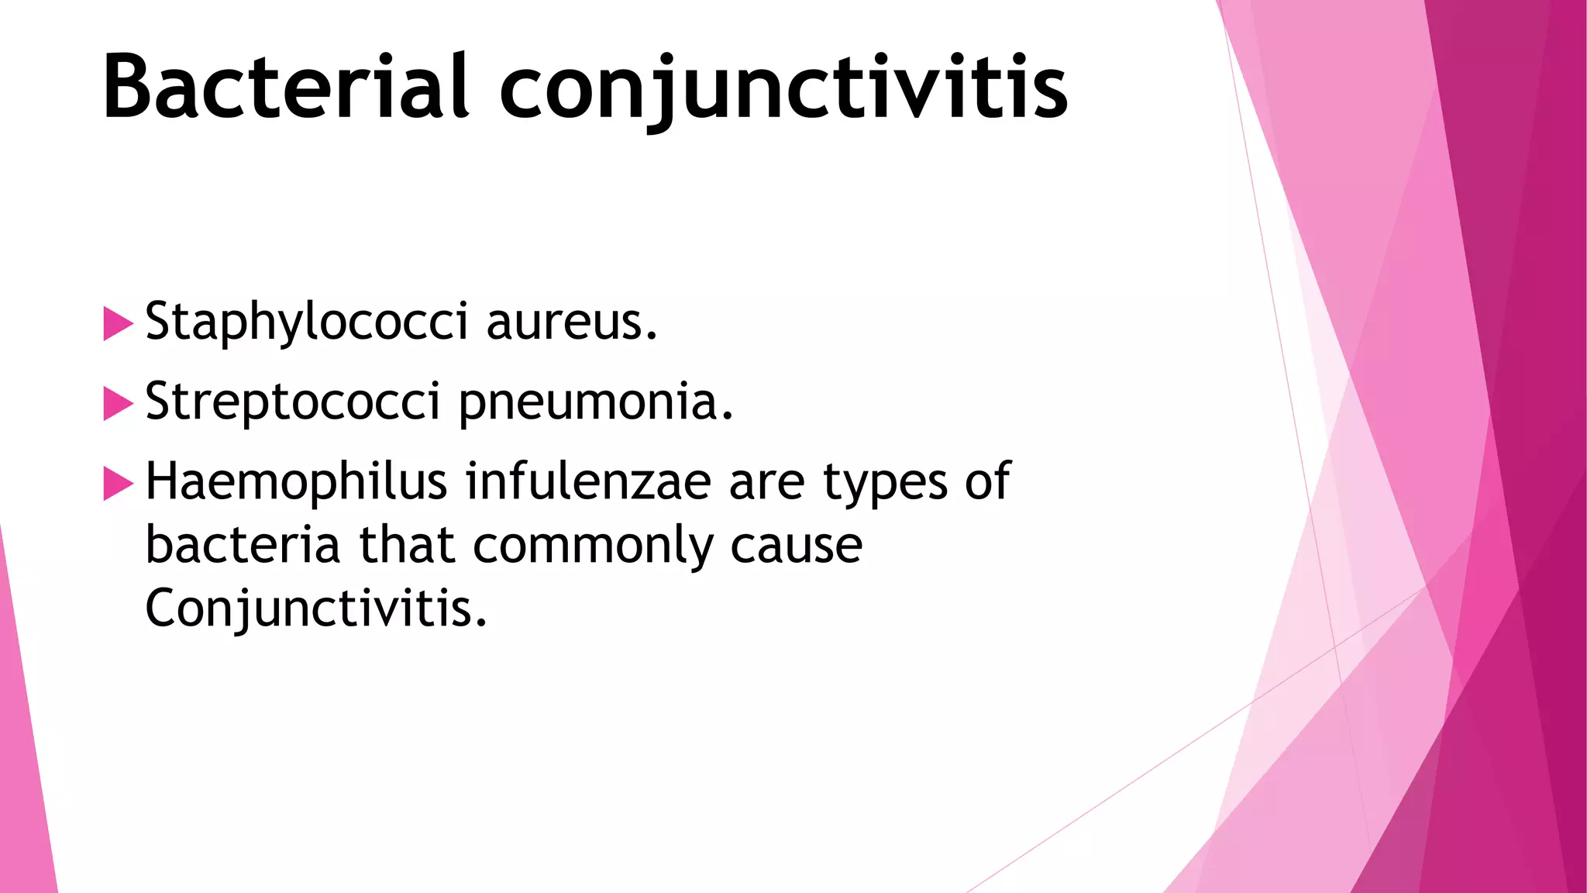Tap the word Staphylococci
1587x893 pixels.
[306, 322]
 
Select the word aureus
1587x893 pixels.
[572, 322]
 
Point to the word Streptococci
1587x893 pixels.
[293, 402]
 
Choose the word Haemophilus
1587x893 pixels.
[296, 481]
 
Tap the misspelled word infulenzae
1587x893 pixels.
[588, 481]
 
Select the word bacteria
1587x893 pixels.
[243, 544]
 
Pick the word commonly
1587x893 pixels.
[593, 546]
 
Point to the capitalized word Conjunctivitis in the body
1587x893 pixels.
[316, 609]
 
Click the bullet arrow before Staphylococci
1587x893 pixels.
[118, 323]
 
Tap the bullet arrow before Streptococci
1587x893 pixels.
[118, 404]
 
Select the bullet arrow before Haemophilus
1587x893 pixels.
[118, 484]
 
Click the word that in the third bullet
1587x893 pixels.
[406, 544]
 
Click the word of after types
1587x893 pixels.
[987, 481]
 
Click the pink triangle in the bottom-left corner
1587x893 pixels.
[23, 775]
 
